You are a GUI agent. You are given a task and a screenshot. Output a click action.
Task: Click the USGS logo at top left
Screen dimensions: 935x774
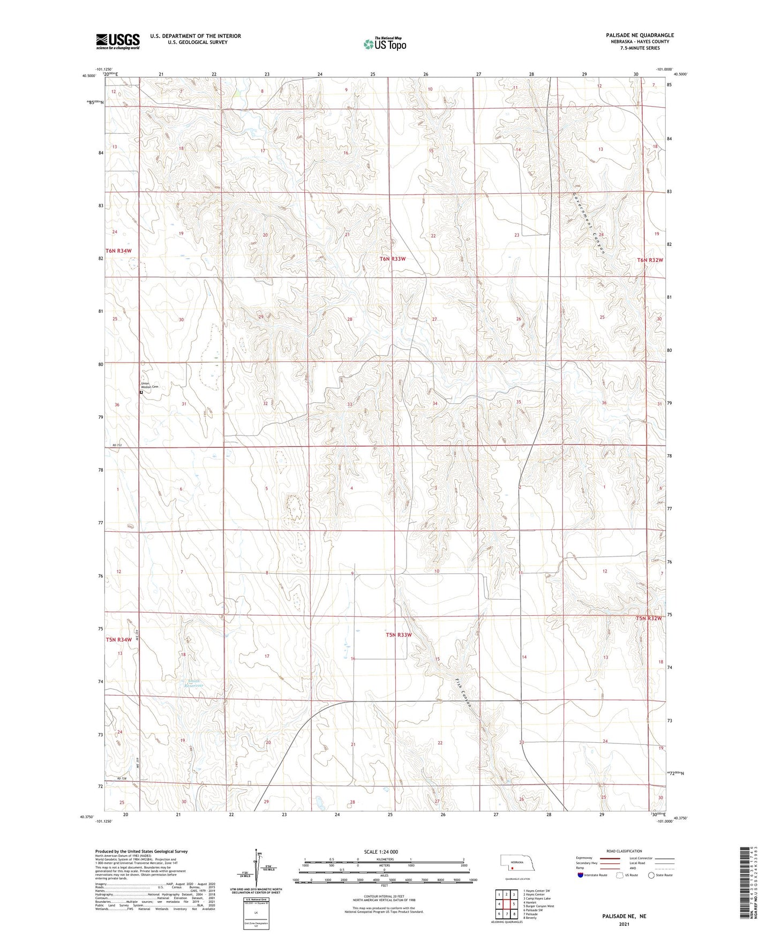coord(118,41)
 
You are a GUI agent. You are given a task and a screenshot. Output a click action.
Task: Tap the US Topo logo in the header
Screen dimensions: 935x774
coord(385,44)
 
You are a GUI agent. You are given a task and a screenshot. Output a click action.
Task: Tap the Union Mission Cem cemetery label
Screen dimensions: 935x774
coord(150,385)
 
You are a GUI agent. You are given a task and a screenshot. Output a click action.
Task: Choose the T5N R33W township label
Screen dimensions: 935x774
coord(399,635)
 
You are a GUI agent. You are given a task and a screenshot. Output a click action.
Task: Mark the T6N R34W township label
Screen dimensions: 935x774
coord(118,251)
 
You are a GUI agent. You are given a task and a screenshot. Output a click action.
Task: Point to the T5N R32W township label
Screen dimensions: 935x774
coord(649,619)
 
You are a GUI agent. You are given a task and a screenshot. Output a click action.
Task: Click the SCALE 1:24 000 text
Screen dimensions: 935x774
coord(381,852)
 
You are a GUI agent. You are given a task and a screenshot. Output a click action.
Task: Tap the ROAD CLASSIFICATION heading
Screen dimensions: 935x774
coord(624,851)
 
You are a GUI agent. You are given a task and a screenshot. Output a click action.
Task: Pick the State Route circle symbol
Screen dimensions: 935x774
coord(651,876)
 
